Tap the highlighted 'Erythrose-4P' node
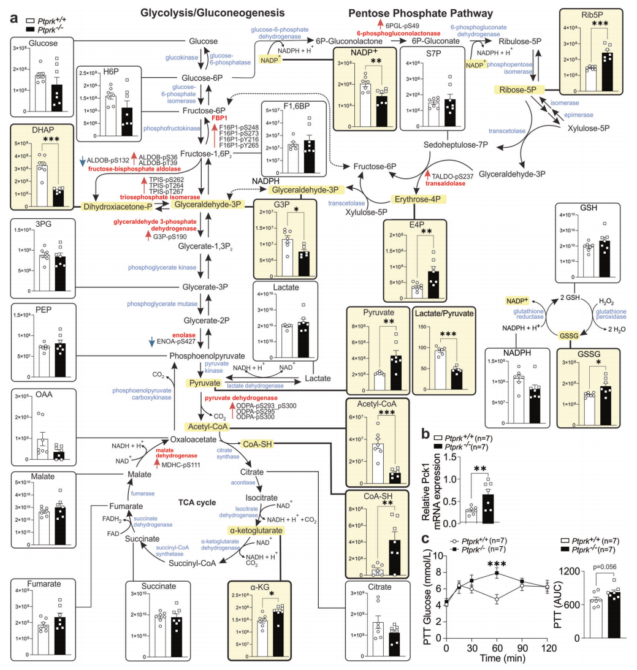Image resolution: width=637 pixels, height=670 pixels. (418, 199)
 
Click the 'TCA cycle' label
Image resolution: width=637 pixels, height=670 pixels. (197, 502)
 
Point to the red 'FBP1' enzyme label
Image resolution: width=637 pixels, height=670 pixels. (220, 116)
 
